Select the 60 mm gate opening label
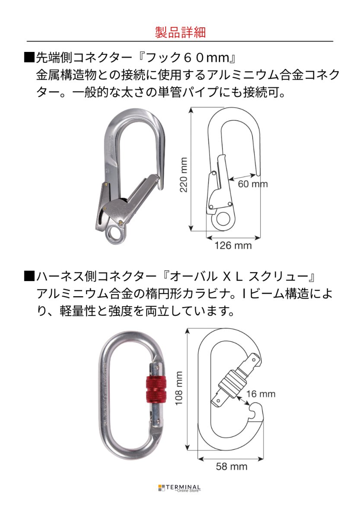point(253,184)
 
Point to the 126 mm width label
point(233,246)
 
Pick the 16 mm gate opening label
point(261,394)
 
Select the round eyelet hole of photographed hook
point(115,234)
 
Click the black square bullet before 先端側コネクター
point(29,57)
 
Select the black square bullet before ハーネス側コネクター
point(29,276)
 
